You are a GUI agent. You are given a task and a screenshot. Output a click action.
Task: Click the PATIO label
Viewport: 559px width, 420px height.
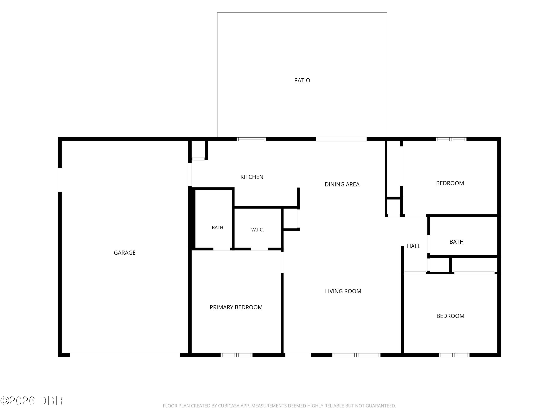302,80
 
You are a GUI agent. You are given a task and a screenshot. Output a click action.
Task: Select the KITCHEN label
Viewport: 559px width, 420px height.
252,177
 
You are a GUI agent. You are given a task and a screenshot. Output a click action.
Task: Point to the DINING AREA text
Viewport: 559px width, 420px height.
342,184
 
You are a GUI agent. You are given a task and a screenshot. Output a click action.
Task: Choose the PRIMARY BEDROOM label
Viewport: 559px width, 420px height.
236,307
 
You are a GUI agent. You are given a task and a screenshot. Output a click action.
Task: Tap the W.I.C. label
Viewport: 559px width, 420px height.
258,230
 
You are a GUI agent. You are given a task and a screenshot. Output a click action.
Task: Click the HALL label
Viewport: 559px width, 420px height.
413,246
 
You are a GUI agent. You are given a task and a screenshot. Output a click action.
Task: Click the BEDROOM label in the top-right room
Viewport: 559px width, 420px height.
450,183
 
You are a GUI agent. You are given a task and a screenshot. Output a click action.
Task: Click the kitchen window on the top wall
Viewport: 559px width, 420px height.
251,139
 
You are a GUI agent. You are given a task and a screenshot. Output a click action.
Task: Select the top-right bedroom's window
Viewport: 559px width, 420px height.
451,139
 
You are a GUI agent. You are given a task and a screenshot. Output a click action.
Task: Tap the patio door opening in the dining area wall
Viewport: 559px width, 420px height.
341,139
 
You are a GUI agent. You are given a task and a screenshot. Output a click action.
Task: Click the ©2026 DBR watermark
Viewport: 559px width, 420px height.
32,401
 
